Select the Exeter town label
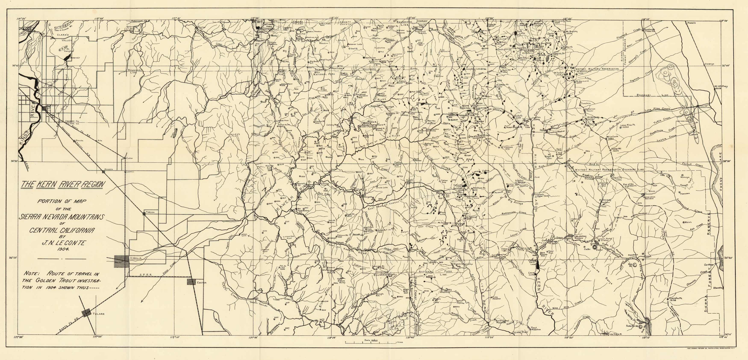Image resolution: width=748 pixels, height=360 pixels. [202, 282]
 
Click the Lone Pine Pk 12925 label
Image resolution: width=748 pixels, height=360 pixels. [628, 126]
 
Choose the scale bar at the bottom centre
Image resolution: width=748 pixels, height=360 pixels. [371, 342]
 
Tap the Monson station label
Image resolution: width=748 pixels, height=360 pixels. [108, 169]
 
